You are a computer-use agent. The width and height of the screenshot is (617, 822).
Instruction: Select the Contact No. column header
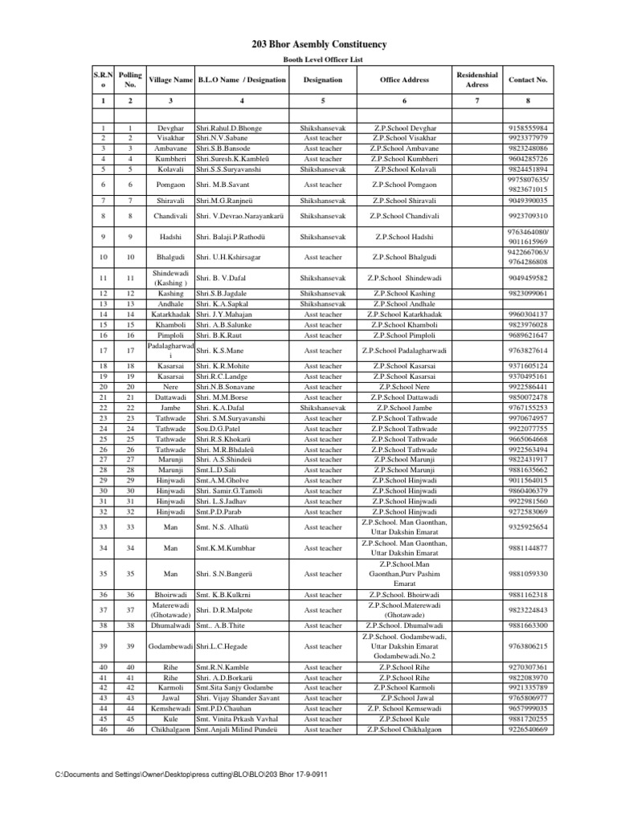[528, 80]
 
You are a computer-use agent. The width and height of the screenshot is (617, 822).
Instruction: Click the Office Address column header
[405, 80]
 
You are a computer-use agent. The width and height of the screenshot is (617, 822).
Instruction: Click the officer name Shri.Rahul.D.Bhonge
[229, 128]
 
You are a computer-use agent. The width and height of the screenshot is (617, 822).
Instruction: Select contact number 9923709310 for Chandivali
[528, 216]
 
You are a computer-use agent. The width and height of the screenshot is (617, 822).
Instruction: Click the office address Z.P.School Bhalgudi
[405, 256]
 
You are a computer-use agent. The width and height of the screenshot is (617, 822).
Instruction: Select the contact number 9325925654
[528, 527]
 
